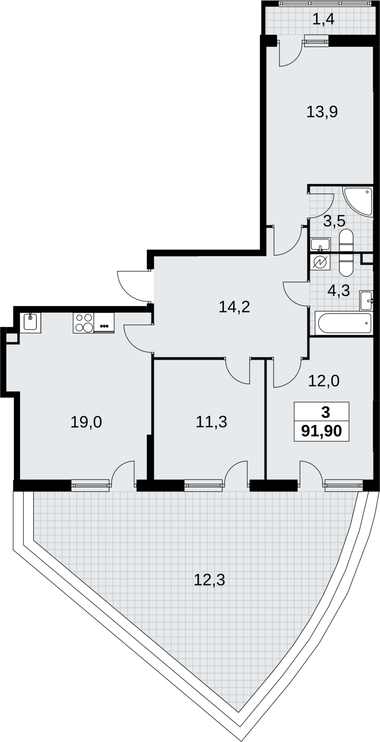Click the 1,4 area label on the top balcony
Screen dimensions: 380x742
(323, 19)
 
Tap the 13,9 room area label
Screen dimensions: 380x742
(322, 112)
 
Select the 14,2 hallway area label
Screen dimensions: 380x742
(234, 307)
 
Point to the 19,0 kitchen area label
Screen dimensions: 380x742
(86, 422)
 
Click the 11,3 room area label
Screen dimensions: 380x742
(211, 422)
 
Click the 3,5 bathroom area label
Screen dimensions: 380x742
(334, 221)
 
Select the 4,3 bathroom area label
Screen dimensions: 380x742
(339, 291)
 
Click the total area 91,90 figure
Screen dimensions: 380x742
(322, 431)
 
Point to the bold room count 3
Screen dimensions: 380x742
(325, 413)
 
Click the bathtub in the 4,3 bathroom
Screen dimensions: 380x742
(343, 323)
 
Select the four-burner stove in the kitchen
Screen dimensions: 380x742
(84, 323)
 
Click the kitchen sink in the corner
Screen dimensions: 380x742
(32, 323)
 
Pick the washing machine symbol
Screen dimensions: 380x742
(320, 262)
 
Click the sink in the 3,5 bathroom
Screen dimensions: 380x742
(320, 244)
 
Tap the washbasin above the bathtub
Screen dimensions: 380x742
(367, 301)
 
